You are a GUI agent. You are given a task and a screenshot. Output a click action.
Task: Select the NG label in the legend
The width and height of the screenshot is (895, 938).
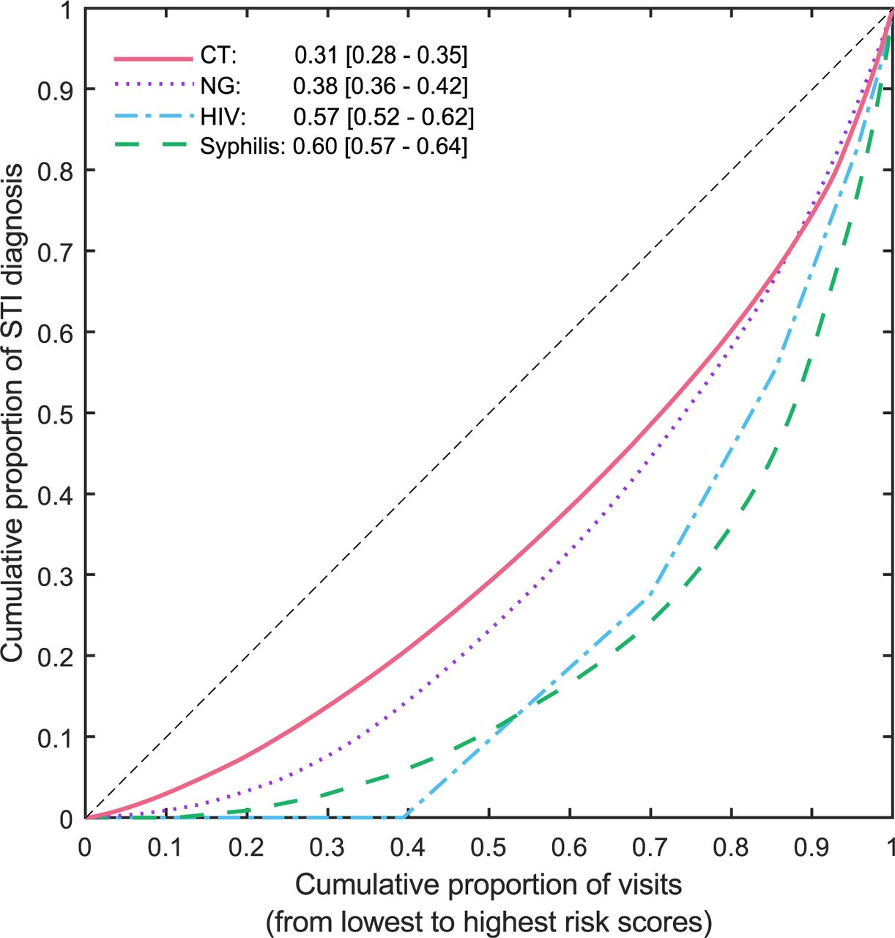218,86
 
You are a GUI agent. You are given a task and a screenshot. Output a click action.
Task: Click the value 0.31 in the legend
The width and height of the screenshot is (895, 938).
316,56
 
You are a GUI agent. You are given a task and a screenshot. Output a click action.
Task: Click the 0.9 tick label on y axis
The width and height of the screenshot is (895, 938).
56,89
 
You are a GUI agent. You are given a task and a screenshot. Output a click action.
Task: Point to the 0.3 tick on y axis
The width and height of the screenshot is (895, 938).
56,575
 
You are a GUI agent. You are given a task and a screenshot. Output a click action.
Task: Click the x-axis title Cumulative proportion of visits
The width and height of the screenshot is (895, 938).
489,885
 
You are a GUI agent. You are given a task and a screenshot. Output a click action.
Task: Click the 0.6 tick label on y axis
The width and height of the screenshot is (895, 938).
56,333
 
